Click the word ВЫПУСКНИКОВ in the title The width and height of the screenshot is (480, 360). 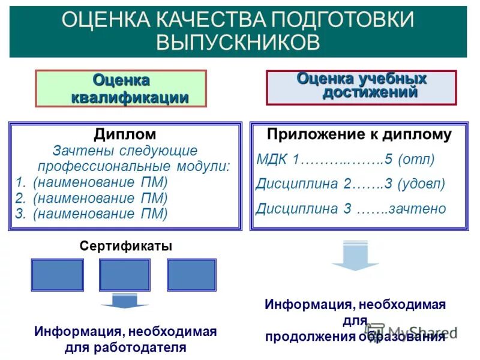tap(238, 41)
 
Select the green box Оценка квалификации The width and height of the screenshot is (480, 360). tap(121, 88)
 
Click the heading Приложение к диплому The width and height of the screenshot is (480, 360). tap(359, 134)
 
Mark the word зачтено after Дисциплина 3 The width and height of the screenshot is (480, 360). tap(417, 209)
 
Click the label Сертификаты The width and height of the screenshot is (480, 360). tap(126, 246)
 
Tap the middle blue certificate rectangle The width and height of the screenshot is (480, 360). tap(124, 275)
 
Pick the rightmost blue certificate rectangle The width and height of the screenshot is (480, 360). tap(191, 275)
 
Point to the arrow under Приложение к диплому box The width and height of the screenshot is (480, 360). tap(355, 256)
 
